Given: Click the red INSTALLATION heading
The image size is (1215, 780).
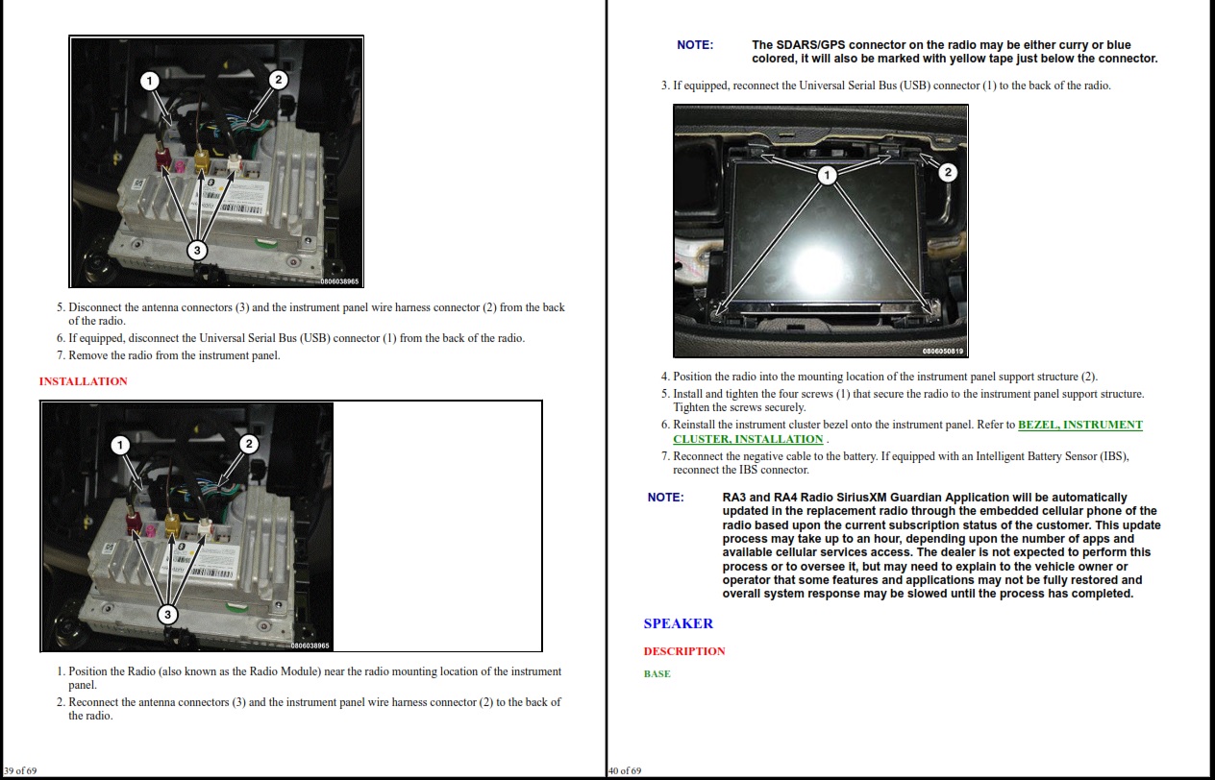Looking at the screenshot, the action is (x=83, y=381).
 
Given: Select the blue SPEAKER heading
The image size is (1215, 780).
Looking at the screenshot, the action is (x=678, y=623).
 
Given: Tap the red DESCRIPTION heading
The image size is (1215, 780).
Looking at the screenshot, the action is (x=684, y=651).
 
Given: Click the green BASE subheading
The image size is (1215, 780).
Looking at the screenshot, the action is (x=657, y=673).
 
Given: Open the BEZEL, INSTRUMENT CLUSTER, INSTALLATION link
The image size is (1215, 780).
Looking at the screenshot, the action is (x=907, y=431).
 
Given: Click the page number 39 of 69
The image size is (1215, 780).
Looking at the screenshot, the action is (x=20, y=770).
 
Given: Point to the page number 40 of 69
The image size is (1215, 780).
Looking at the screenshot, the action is (x=625, y=770).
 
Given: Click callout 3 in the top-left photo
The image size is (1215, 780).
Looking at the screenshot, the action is (x=197, y=250).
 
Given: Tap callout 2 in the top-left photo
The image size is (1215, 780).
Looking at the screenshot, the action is (x=278, y=81).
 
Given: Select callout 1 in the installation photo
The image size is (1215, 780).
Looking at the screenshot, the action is (x=120, y=446).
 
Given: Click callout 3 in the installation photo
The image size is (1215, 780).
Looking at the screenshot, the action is (x=167, y=615).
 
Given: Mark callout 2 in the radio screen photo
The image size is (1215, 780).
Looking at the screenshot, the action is (x=948, y=172).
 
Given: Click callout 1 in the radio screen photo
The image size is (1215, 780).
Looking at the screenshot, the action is (x=827, y=175).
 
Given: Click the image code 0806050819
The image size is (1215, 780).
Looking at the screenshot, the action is (x=943, y=352).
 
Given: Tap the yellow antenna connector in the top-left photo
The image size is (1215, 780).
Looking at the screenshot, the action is (x=201, y=159).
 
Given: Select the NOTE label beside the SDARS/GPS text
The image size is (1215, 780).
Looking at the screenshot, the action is (x=695, y=45).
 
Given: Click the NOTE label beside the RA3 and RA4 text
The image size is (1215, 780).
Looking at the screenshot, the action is (x=665, y=498).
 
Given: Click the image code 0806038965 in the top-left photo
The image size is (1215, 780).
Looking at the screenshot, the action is (x=339, y=281).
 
